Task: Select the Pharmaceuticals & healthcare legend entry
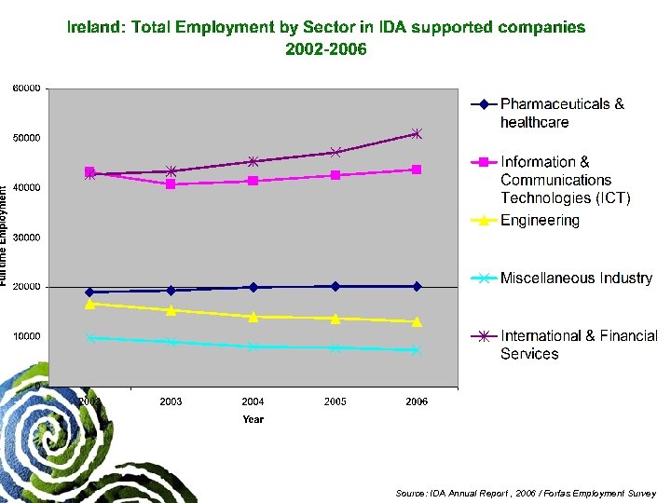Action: point(562,113)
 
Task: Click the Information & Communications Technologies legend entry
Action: point(565,180)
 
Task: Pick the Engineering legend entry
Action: point(540,221)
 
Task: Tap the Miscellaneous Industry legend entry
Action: point(576,279)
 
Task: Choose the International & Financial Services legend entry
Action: point(578,345)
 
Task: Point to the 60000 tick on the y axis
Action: point(26,88)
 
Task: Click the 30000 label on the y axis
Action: point(26,238)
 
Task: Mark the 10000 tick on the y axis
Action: point(26,336)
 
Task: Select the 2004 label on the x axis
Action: point(253,401)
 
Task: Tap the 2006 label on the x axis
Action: point(417,401)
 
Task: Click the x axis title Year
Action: point(253,419)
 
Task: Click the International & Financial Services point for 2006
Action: point(417,134)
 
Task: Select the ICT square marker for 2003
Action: point(171,184)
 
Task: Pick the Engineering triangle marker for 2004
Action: point(253,317)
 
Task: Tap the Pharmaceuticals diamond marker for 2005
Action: point(335,286)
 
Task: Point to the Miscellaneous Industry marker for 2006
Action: point(417,350)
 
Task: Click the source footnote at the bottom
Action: point(526,493)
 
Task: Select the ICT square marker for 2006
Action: point(417,170)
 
